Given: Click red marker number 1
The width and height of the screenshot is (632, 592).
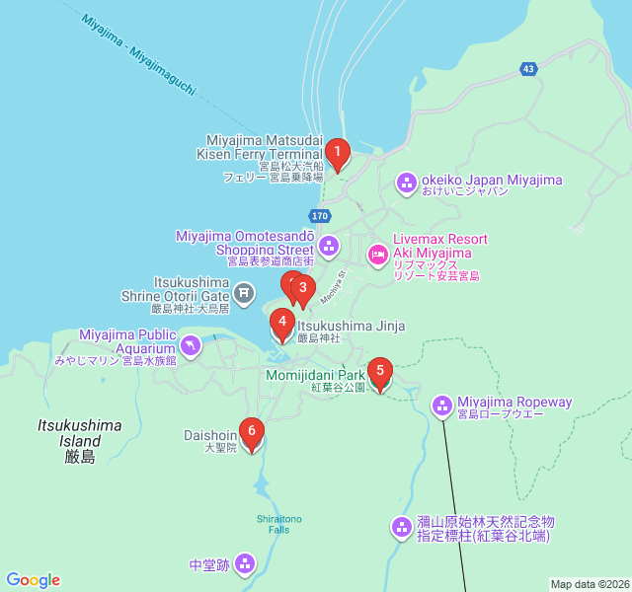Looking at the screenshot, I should [338, 153].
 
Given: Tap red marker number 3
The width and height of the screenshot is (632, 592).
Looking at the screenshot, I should [303, 289].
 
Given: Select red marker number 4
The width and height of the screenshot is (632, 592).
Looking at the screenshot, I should [281, 322].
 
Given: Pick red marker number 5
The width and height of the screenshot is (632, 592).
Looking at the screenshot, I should [379, 372].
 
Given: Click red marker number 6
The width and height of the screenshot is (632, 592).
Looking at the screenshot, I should [252, 431].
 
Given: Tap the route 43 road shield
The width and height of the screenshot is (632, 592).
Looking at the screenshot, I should [529, 69].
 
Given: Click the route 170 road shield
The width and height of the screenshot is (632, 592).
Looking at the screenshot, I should [319, 215].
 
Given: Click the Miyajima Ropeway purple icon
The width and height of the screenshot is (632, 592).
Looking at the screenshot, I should [441, 404].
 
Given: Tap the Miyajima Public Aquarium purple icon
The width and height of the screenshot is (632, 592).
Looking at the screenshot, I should [191, 345].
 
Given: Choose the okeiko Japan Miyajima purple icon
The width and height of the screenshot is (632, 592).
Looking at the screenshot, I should [406, 183].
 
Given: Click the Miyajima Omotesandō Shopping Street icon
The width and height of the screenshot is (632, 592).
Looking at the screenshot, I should [329, 245].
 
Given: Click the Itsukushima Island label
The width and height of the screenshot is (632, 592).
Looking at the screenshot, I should [80, 440].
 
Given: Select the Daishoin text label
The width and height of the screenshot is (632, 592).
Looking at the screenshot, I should [210, 434].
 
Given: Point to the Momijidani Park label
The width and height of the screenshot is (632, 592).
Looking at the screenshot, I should [315, 375].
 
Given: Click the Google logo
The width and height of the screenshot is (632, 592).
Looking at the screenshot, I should [33, 580].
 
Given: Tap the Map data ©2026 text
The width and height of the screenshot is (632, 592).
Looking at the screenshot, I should [589, 584].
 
